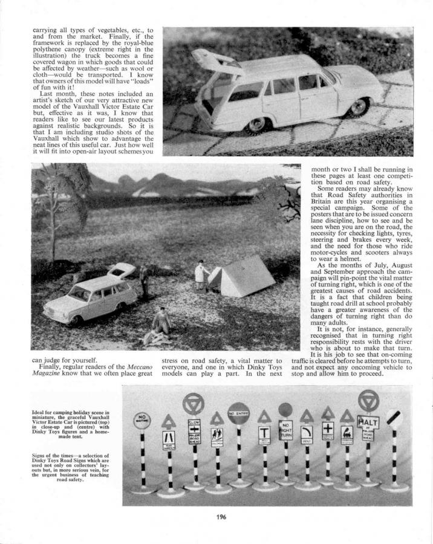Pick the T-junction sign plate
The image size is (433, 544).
tap(264, 433)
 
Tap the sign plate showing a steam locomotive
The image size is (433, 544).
tap(348, 433)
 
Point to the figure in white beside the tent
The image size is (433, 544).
tap(199, 274)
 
